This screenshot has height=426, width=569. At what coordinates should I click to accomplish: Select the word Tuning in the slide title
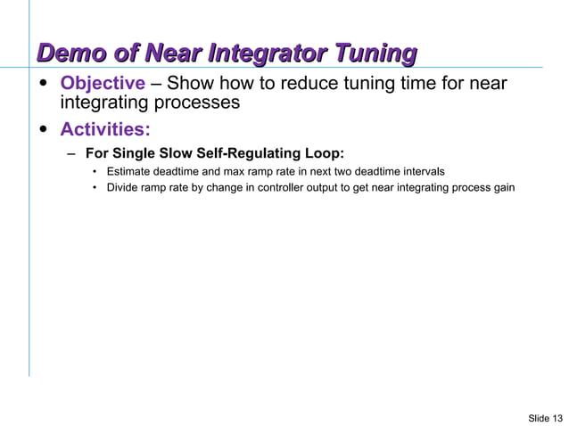375,53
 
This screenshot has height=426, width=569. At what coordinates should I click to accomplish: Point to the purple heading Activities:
105,130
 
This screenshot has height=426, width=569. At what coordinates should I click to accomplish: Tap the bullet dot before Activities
44,130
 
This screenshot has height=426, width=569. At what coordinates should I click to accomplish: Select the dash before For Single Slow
70,152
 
